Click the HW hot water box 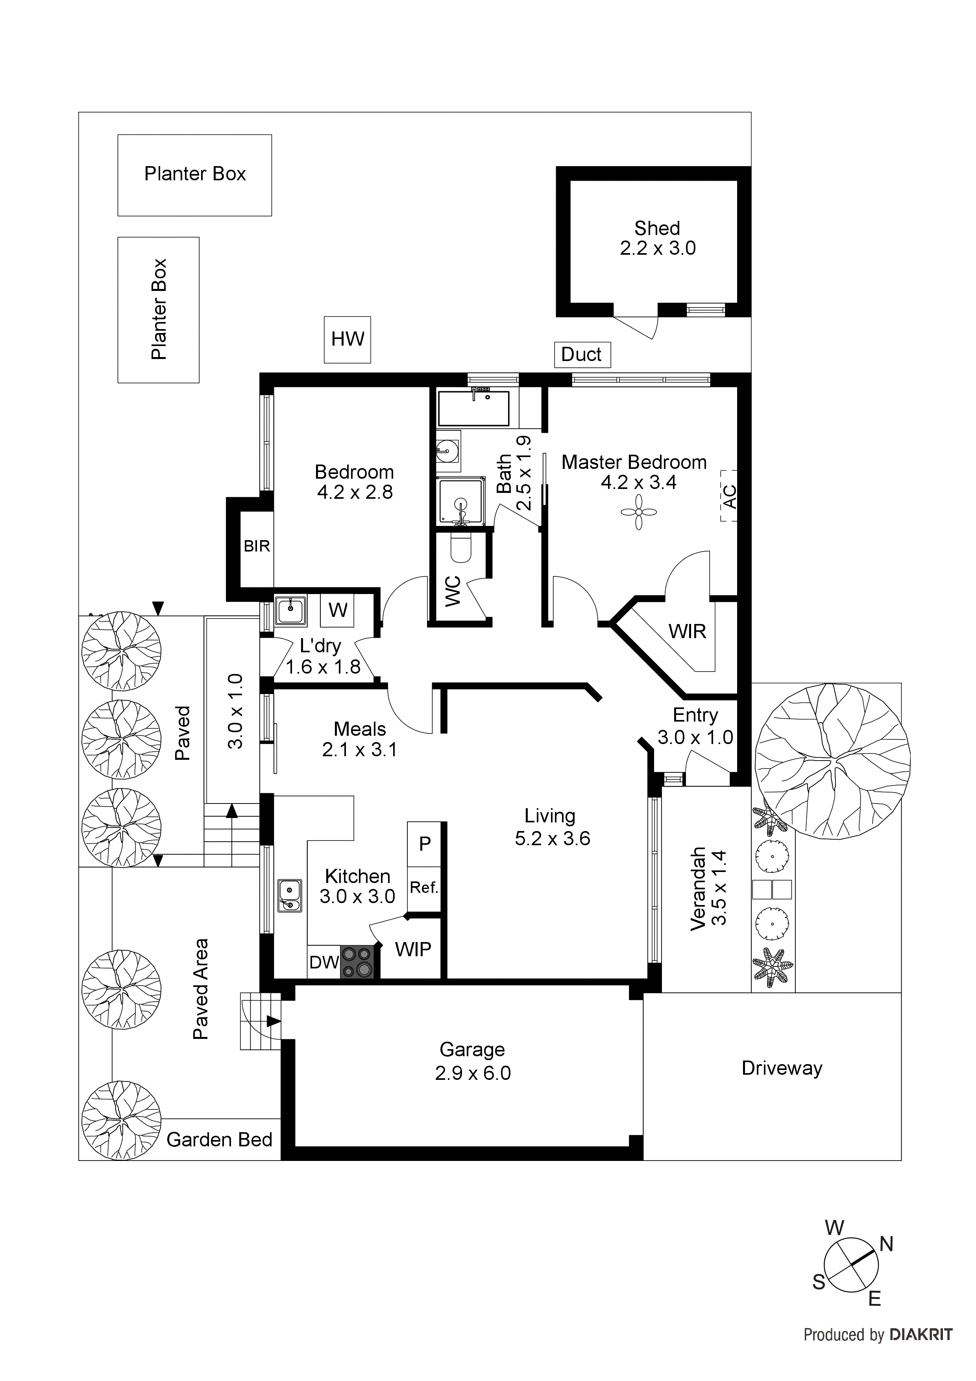347,340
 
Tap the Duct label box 582,354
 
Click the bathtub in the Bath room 474,408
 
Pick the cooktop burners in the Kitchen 357,963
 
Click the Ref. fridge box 424,887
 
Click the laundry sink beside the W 290,611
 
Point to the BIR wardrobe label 257,546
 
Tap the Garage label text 472,1050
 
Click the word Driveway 781,1068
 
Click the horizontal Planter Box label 195,174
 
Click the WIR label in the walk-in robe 687,631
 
